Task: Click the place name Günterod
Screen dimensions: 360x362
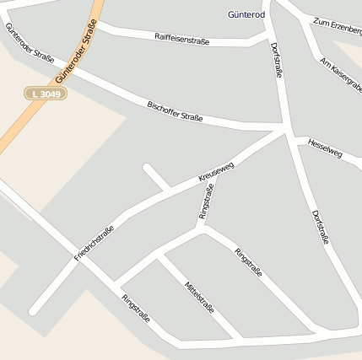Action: pos(246,14)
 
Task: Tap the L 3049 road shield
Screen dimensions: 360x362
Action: pos(44,93)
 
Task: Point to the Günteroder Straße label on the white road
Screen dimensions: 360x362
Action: pos(30,44)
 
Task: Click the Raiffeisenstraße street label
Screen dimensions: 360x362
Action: pos(181,37)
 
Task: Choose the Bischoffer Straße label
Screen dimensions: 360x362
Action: pos(175,110)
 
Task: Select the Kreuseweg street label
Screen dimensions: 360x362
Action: pos(216,172)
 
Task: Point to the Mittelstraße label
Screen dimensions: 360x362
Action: pos(199,298)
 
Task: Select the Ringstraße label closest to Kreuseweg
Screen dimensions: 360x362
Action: pos(206,201)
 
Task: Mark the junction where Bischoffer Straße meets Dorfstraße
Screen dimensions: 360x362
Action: pos(286,129)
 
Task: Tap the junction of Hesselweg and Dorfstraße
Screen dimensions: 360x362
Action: pos(294,137)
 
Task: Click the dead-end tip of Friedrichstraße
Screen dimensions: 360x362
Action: pos(34,311)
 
